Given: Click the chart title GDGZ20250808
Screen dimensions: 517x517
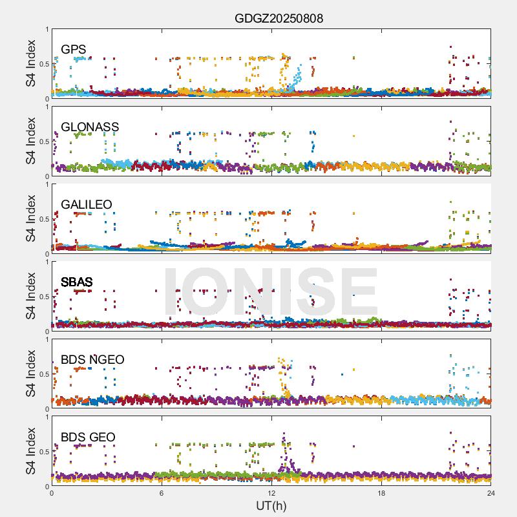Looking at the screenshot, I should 279,18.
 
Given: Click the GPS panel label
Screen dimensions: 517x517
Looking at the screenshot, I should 74,50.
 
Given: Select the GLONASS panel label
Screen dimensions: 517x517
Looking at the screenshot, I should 90,127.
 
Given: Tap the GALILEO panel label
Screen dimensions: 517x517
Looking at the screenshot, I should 87,205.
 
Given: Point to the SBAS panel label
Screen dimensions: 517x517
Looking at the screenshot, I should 77,282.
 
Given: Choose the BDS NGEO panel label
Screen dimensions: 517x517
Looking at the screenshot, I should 92,360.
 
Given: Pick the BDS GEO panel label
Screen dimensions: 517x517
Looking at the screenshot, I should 88,438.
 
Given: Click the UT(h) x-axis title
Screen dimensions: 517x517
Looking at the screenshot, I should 271,505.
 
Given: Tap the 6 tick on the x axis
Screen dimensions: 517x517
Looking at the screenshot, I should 162,493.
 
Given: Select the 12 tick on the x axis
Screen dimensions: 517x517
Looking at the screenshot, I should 271,493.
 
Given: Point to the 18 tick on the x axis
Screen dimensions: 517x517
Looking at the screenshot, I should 381,493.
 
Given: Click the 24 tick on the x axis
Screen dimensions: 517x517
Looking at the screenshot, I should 491,493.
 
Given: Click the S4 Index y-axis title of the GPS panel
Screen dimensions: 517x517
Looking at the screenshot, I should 31,63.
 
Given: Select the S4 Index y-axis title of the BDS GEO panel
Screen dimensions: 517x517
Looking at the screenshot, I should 31,451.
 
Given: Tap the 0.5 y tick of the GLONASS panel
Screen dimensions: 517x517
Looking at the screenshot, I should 42,142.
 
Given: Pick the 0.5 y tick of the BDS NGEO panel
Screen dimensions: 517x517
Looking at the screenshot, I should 42,374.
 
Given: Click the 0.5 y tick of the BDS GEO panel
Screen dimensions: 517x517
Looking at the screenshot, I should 42,452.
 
